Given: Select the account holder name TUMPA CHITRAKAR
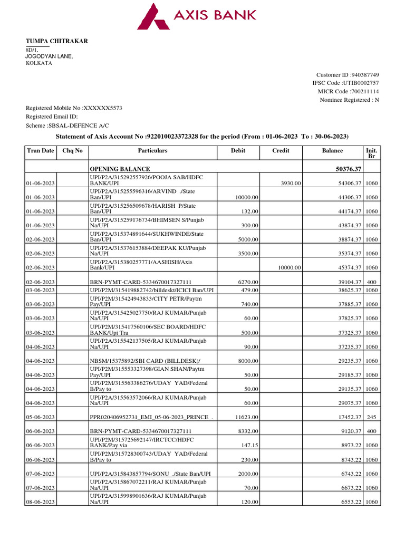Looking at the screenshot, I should point(57,42).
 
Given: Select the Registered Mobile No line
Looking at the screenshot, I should point(74,108).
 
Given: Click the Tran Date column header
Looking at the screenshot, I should point(41,151).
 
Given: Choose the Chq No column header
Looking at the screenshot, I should point(73,151).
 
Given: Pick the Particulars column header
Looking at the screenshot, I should point(152,151).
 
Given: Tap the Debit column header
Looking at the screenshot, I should point(238,151).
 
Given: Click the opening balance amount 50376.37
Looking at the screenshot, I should point(345,169).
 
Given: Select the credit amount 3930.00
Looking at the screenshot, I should point(291,183).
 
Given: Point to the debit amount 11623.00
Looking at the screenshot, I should point(245,417).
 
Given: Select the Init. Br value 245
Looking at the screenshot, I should point(371,417).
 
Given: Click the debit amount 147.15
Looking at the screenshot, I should point(248,445).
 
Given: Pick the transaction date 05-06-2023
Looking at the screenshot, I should point(41,417).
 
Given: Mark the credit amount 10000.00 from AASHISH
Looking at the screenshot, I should point(288,267).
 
